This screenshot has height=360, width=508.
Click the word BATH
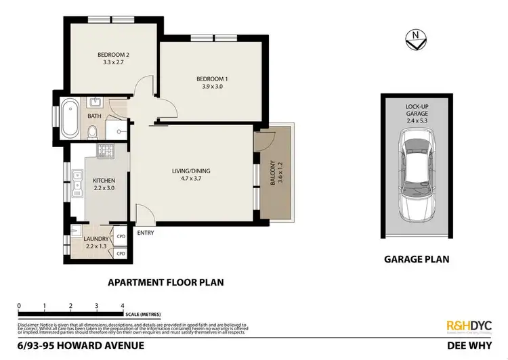[x=94, y=116]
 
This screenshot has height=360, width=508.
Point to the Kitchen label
[x=104, y=180]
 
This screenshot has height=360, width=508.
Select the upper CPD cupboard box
[x=121, y=237]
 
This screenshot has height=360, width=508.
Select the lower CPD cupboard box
[x=121, y=253]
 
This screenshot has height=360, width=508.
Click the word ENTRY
[x=146, y=233]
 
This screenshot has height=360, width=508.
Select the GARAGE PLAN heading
[x=416, y=259]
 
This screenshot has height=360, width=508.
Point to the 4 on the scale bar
[x=123, y=305]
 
